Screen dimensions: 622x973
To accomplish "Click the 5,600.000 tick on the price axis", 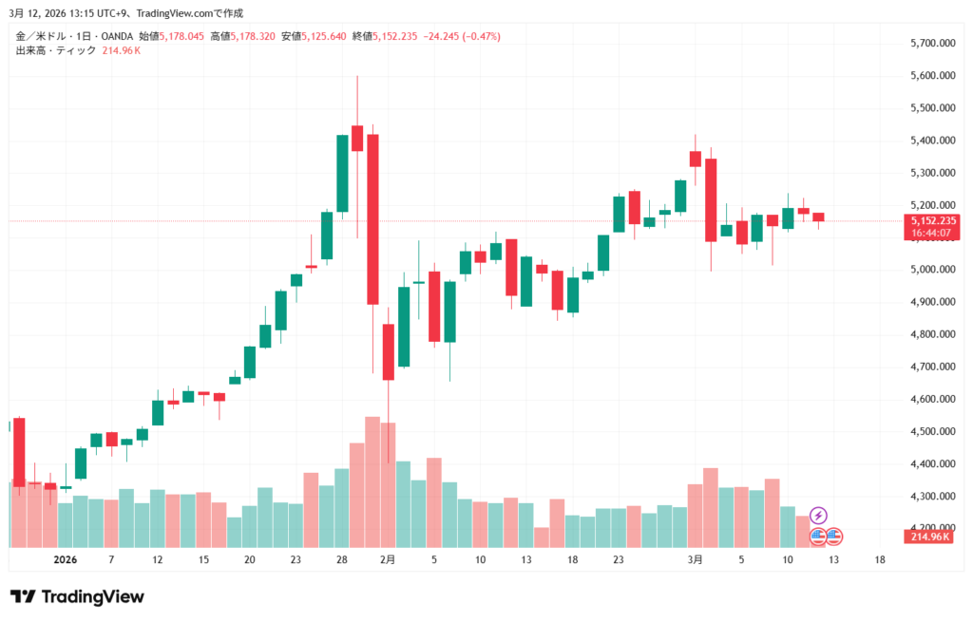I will pyautogui.click(x=931, y=76).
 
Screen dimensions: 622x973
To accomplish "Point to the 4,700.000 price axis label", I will pyautogui.click(x=931, y=367).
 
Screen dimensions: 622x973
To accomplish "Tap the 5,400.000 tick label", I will pyautogui.click(x=931, y=141).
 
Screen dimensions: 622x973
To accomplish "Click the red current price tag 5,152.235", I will pyautogui.click(x=931, y=220).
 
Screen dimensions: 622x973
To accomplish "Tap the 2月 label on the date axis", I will pyautogui.click(x=387, y=560).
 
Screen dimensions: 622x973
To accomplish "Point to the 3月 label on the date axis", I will pyautogui.click(x=696, y=560).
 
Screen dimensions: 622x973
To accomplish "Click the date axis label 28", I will pyautogui.click(x=341, y=560).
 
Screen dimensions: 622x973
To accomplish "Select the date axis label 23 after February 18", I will pyautogui.click(x=618, y=560).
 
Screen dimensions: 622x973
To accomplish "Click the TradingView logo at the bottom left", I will pyautogui.click(x=77, y=596).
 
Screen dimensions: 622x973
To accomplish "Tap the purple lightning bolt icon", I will pyautogui.click(x=818, y=516).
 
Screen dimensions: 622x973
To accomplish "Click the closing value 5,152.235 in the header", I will pyautogui.click(x=398, y=36).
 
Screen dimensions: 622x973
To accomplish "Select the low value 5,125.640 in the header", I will pyautogui.click(x=326, y=36).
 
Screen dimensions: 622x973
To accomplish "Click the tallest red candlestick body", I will pyautogui.click(x=372, y=218).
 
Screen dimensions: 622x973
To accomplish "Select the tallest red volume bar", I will pyautogui.click(x=372, y=481).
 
